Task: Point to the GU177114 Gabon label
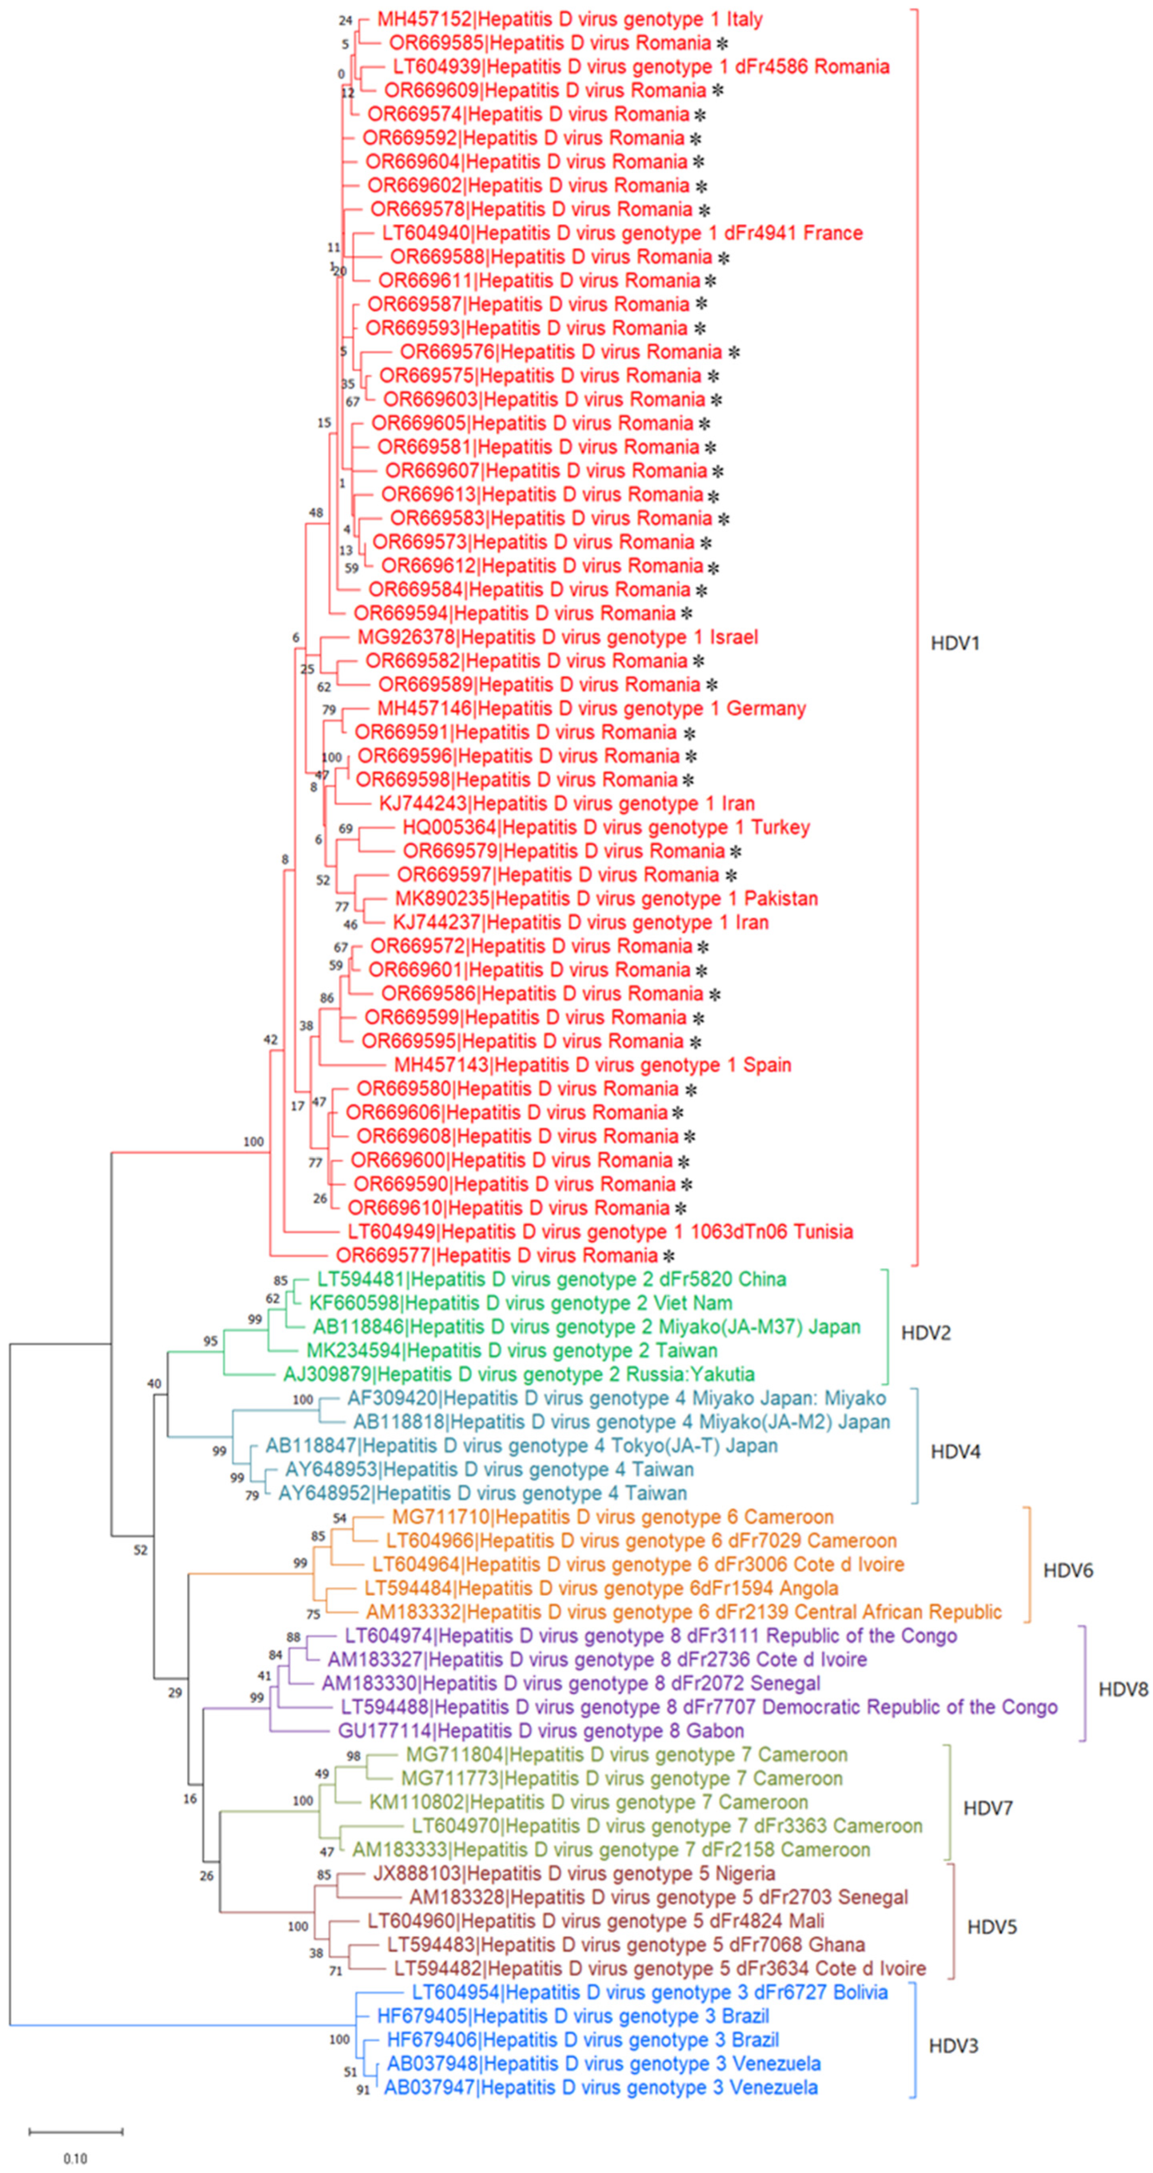pyautogui.click(x=541, y=1731)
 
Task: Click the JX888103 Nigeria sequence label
pyautogui.click(x=574, y=1874)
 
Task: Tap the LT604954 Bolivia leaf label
pyautogui.click(x=649, y=1992)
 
